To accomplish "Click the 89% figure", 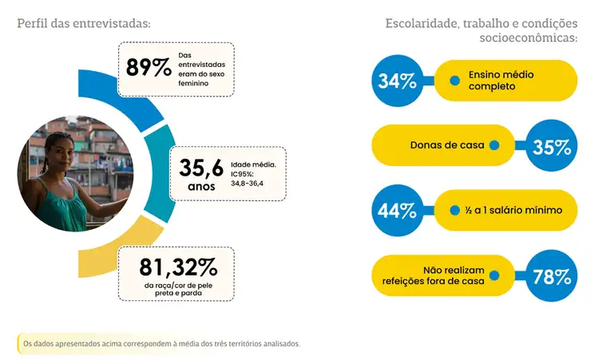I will (x=149, y=67).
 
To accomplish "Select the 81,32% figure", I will (x=177, y=266).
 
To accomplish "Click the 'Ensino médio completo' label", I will (x=501, y=81).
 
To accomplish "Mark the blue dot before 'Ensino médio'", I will (x=455, y=81).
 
